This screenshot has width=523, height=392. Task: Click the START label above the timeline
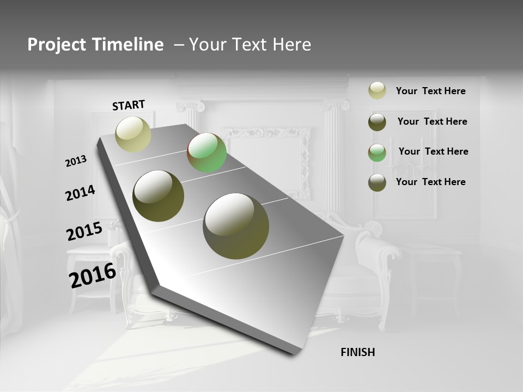pos(129,105)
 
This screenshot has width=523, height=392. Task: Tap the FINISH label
pos(357,352)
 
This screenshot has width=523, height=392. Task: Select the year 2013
pos(76,161)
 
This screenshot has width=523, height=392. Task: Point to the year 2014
pos(80,193)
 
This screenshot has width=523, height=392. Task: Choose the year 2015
pos(84,231)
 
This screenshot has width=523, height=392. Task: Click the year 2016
pos(93,275)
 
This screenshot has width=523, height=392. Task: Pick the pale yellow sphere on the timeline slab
pos(133,134)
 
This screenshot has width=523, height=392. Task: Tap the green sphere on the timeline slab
pos(206,152)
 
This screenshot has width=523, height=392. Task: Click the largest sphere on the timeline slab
pos(236,225)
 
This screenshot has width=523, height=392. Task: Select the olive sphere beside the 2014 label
pos(159,196)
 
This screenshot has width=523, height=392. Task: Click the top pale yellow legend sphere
pos(377,91)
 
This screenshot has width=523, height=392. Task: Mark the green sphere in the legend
pos(377,152)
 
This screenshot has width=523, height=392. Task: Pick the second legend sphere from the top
pos(377,122)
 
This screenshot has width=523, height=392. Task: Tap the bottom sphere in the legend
pos(377,182)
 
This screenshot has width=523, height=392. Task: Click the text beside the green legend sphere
pos(433,151)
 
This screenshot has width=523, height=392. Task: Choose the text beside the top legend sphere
pos(430,91)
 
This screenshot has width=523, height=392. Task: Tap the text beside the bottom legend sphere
pos(430,182)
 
